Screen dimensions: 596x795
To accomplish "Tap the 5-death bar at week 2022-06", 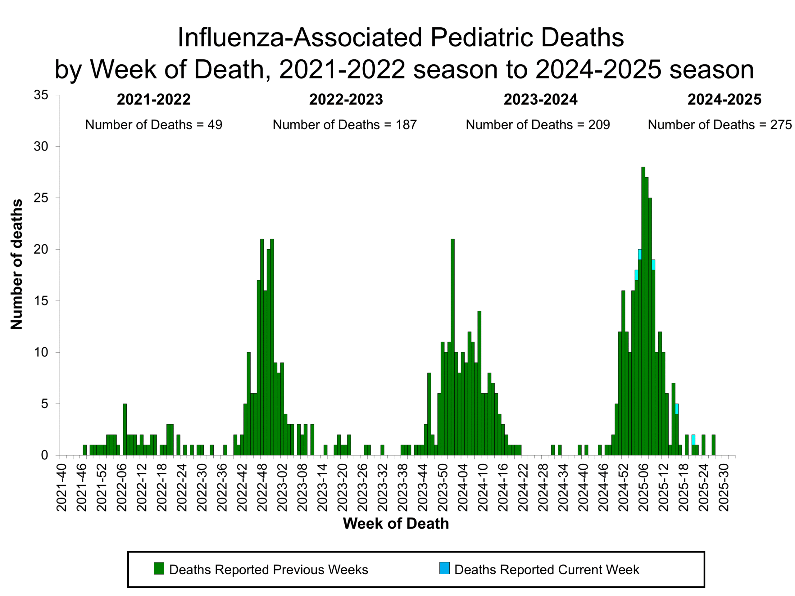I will (125, 429).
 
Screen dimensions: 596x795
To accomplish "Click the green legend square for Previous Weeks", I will (159, 568).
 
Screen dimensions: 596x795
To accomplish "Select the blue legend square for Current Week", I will (444, 568).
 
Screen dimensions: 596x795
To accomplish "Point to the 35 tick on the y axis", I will (41, 95).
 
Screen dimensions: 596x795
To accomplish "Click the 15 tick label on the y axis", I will (41, 301).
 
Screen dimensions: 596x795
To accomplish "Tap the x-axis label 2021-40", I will (62, 487).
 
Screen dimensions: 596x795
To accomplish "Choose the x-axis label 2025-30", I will (724, 487).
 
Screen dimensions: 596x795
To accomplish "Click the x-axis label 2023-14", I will (322, 487).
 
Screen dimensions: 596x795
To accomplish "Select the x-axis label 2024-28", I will (543, 487).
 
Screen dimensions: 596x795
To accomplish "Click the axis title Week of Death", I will (396, 523).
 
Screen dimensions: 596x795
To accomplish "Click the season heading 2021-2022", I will (153, 100).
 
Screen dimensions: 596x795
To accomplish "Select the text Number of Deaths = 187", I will (344, 125).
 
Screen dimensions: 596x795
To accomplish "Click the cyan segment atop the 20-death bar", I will (640, 254).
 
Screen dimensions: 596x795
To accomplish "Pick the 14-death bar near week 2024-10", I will (479, 383).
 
